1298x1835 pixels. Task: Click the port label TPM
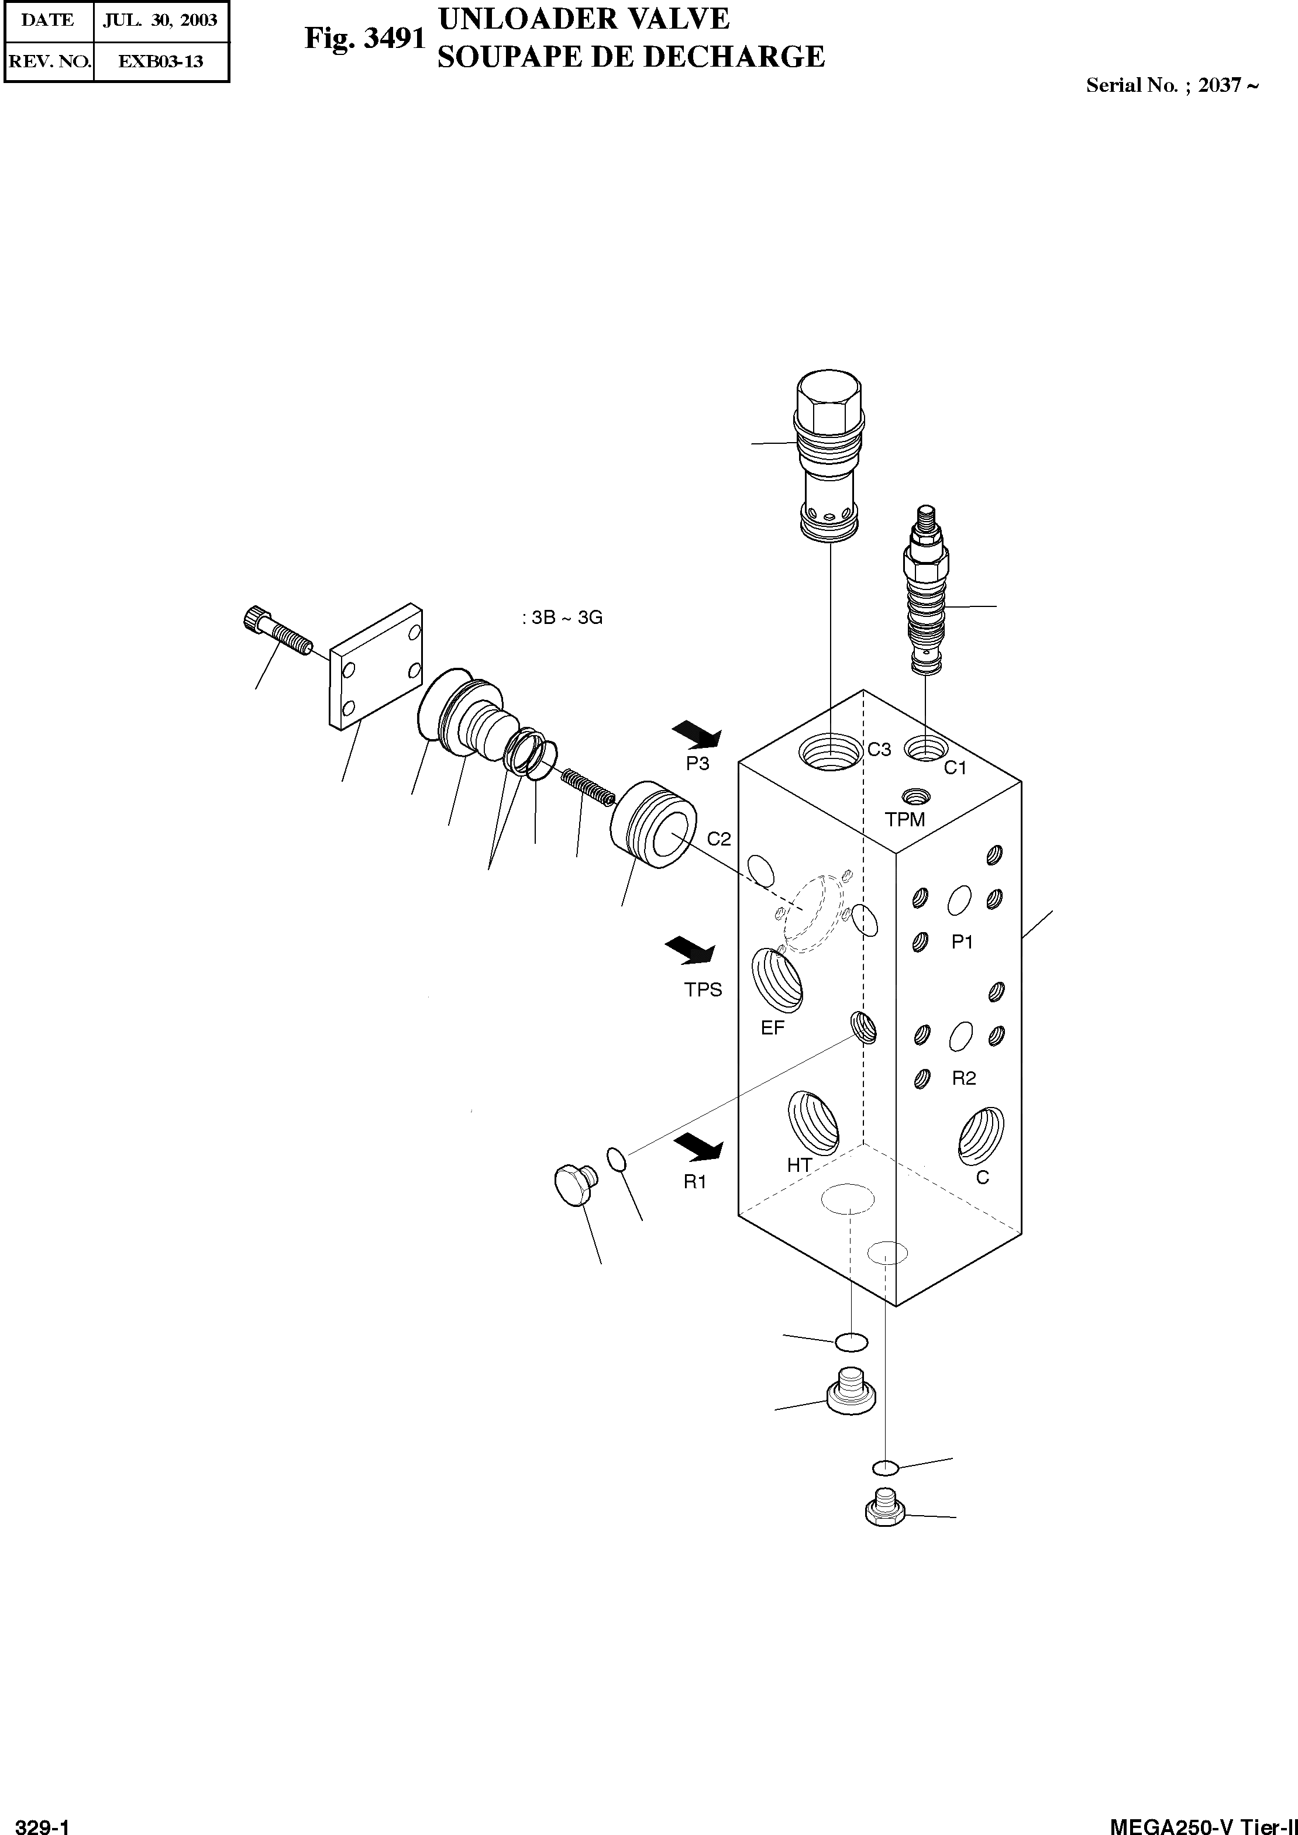coord(905,819)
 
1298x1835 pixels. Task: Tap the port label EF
coord(773,1028)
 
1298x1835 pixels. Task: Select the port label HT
coord(799,1165)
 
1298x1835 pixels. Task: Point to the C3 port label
coord(879,750)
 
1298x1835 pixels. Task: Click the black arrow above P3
coord(697,733)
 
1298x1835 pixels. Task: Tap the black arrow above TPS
coord(691,950)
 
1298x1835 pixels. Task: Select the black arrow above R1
coord(698,1148)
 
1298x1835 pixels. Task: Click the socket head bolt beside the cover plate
coord(276,632)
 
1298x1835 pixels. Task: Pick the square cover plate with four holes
coord(376,665)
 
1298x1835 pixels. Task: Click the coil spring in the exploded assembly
coord(587,787)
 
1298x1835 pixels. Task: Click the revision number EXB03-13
coord(161,61)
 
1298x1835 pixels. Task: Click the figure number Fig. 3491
coord(364,39)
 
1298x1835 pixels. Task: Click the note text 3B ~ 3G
coord(563,618)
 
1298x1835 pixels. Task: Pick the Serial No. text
coord(1172,85)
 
